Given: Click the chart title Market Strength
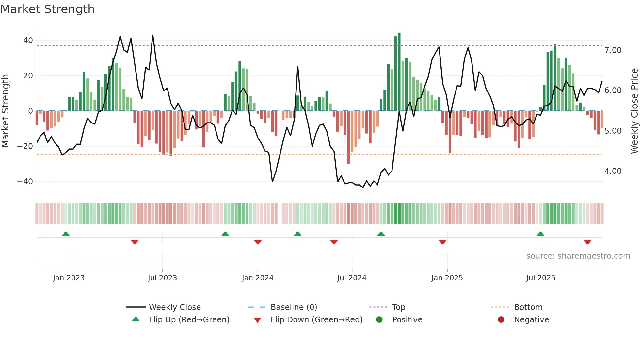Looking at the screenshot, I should click(47, 9).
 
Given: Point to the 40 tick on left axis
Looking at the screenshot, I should click(28, 41).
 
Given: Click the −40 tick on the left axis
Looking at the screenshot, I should click(25, 181).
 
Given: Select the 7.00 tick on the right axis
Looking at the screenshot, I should click(613, 50).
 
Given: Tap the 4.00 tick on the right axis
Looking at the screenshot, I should click(613, 171).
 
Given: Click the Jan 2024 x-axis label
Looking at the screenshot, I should click(258, 278).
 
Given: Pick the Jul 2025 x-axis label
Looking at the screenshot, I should click(541, 278).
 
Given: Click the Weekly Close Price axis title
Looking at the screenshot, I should click(634, 111).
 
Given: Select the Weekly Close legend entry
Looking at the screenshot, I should click(175, 307).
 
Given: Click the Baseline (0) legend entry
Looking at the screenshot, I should click(294, 307).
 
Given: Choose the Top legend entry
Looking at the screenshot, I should click(398, 307).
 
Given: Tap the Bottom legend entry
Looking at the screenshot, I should click(528, 307).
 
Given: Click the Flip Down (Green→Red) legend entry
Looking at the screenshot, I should click(316, 320).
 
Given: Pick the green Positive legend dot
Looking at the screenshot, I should click(379, 320).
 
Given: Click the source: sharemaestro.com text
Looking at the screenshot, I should click(578, 256).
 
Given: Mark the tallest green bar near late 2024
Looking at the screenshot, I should click(399, 72).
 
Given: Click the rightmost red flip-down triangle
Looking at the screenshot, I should click(587, 242).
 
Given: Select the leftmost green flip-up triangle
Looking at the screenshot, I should click(66, 234).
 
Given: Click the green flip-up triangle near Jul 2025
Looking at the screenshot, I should click(540, 234).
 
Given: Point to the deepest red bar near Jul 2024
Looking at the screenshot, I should click(348, 137).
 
